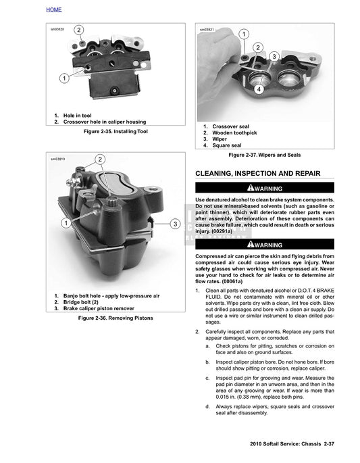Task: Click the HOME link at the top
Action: [53, 9]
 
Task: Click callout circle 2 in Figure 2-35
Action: [79, 30]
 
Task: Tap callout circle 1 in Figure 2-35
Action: [63, 78]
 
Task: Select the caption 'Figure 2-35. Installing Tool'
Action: [115, 132]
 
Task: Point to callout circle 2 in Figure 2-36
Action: [100, 160]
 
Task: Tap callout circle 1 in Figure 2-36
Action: [66, 222]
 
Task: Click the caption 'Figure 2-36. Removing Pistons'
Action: [115, 318]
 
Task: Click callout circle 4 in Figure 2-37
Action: [259, 89]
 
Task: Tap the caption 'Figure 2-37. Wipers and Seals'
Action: [265, 155]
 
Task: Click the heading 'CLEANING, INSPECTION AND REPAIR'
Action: [257, 173]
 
